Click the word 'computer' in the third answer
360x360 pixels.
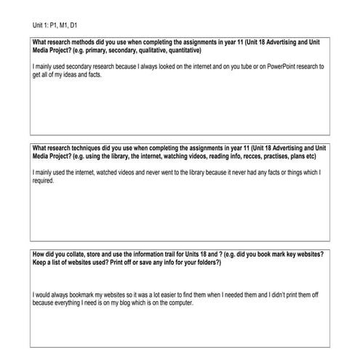(x=179, y=302)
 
